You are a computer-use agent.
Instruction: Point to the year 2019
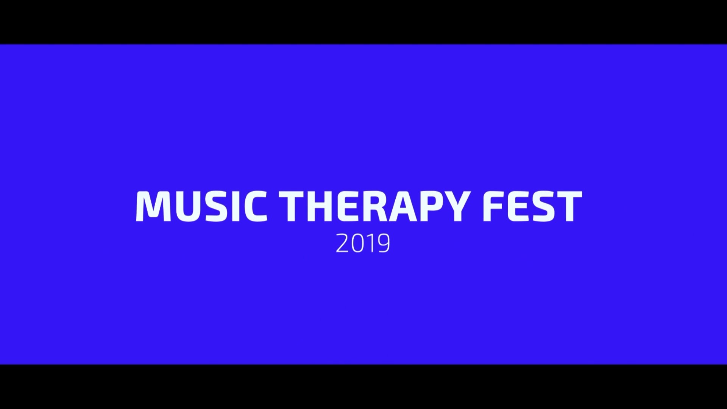pos(363,243)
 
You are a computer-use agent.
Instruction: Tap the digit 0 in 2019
pos(357,243)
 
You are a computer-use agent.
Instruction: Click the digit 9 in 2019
pos(384,243)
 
